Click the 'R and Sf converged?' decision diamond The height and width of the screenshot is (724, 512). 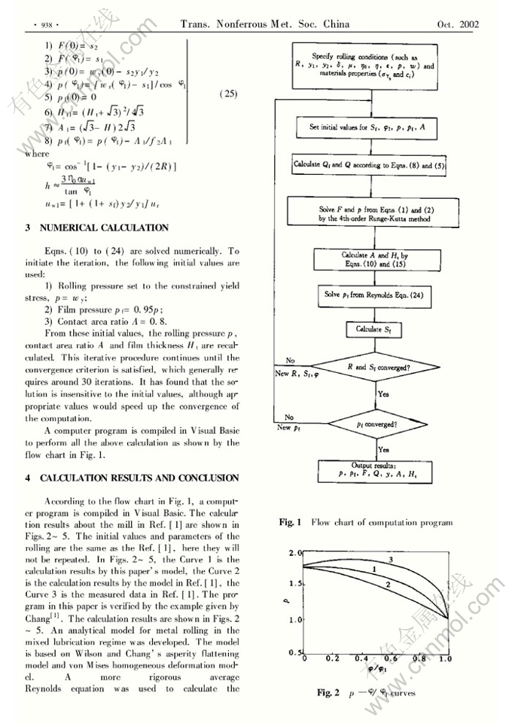(372, 368)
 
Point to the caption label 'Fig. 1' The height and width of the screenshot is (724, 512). (290, 522)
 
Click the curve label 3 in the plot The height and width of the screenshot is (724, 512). (391, 560)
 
